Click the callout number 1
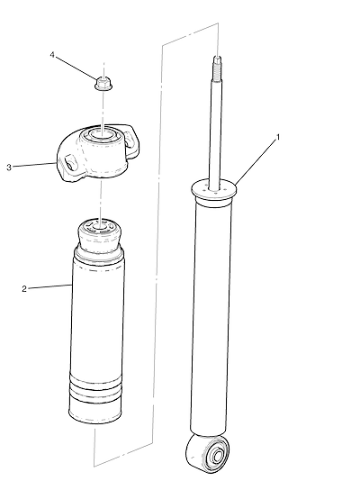[x=278, y=137]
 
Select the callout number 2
[x=24, y=288]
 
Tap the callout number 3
[x=9, y=168]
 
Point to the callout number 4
[x=52, y=55]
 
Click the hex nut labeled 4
[x=103, y=84]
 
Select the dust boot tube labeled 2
[x=97, y=338]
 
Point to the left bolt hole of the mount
[x=69, y=161]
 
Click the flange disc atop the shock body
[x=214, y=188]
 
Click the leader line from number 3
[x=34, y=165]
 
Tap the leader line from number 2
[x=49, y=286]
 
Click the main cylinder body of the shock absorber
[x=211, y=316]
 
